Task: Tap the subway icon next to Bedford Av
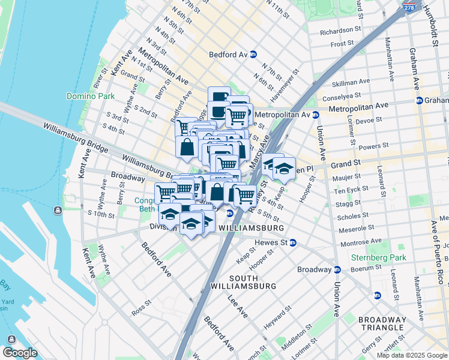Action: click(253, 54)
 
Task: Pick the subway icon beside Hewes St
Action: click(293, 242)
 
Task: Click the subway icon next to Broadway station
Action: click(337, 269)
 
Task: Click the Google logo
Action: click(20, 353)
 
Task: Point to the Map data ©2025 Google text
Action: click(412, 355)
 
